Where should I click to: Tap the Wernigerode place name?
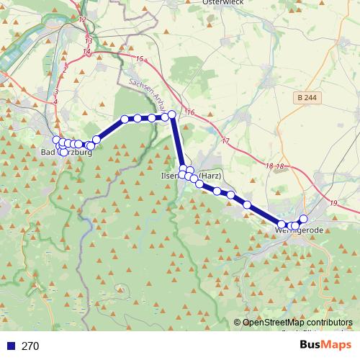coord(301,230)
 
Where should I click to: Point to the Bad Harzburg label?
coord(66,153)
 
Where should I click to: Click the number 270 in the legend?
coord(30,346)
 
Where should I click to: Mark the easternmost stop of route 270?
coord(303,219)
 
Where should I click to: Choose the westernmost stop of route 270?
coord(56,140)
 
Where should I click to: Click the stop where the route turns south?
coord(172,114)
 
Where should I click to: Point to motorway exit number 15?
coord(140,59)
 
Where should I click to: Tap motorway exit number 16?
coord(191,113)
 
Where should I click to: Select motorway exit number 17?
coord(225,140)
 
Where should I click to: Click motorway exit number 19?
coord(333,203)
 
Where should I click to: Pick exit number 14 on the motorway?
coord(87,52)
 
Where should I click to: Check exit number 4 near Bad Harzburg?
coord(55,102)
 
